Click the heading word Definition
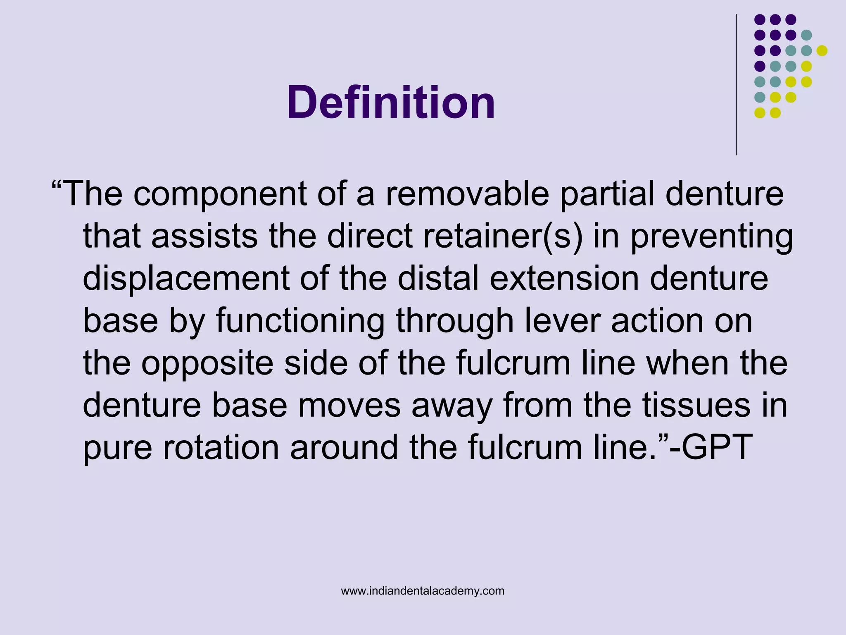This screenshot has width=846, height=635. click(391, 103)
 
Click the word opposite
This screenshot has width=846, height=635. click(208, 364)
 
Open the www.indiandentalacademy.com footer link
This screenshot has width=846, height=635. click(423, 591)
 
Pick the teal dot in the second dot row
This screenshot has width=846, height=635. click(806, 35)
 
